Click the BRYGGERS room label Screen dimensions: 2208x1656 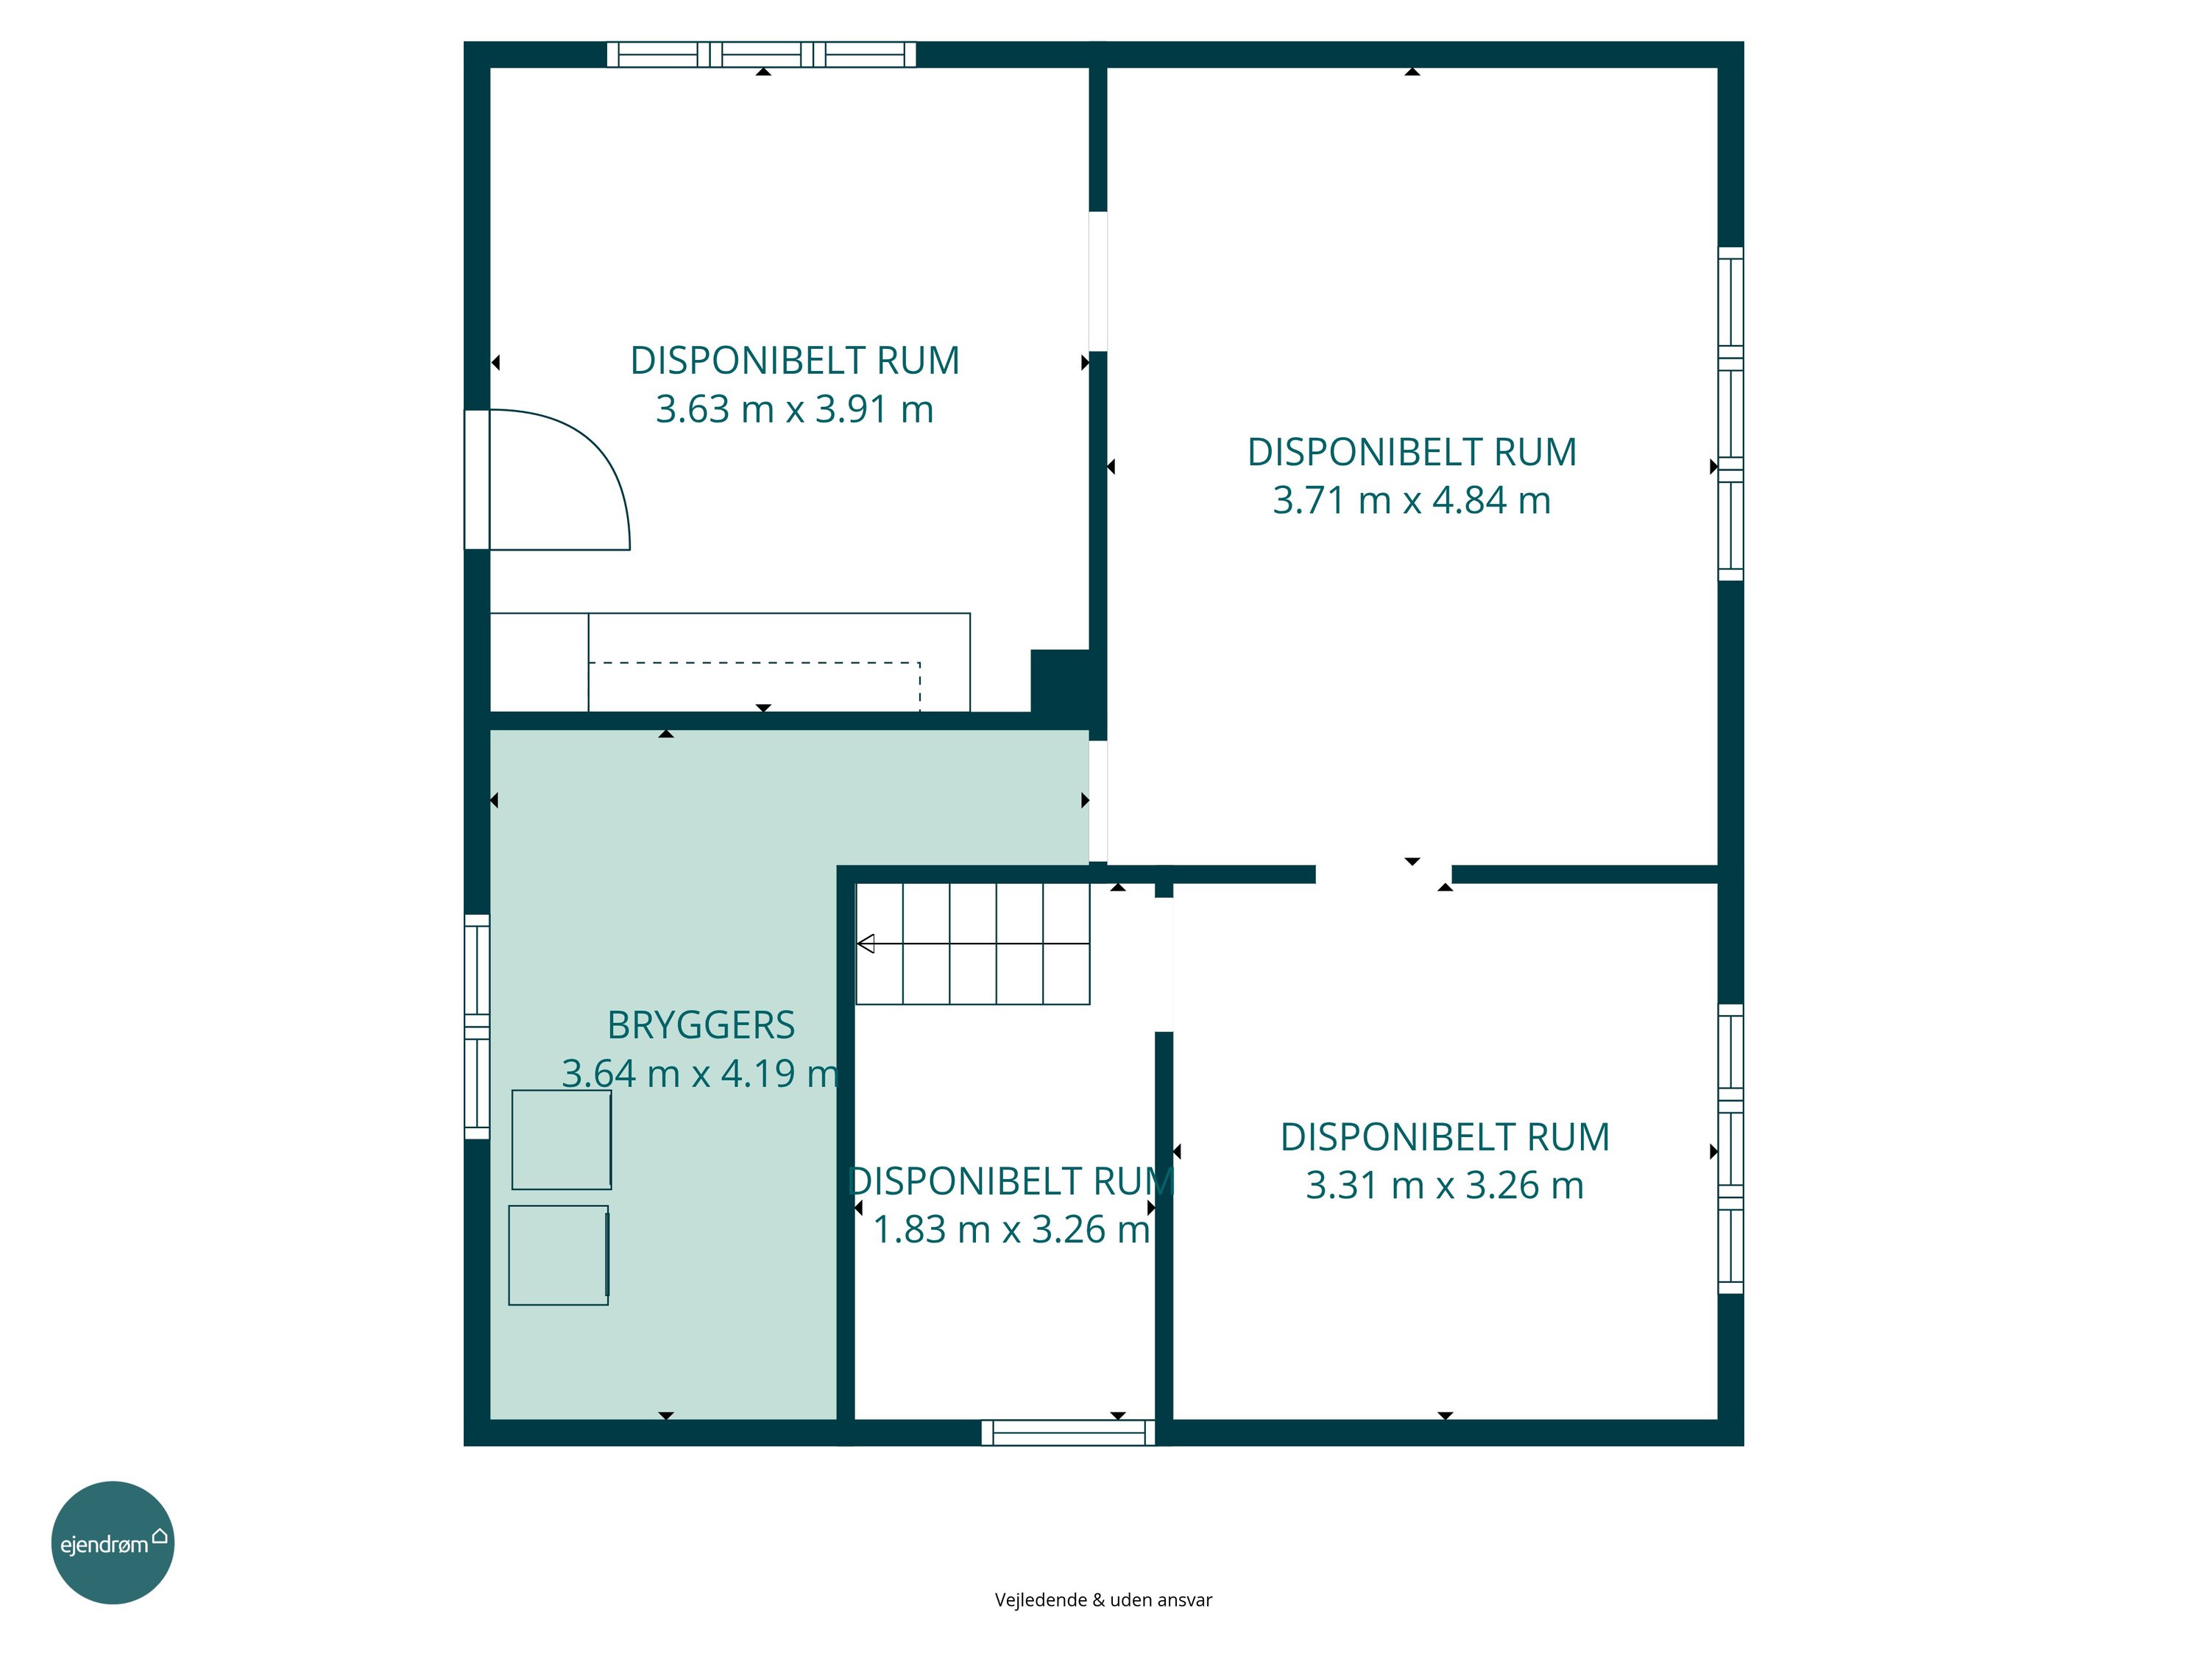[x=701, y=1025]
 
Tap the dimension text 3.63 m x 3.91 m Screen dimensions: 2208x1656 [x=795, y=409]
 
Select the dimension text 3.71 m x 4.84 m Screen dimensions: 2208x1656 [x=1412, y=500]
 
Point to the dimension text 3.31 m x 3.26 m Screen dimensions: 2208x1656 [x=1444, y=1185]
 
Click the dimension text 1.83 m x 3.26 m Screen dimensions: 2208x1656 [x=1012, y=1229]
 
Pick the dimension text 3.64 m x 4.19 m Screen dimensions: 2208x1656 [x=701, y=1073]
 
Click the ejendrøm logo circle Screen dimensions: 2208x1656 [x=113, y=1542]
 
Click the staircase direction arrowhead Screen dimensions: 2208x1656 [x=866, y=944]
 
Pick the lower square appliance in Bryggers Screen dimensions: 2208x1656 [x=558, y=1255]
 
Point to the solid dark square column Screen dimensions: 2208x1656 [x=1060, y=681]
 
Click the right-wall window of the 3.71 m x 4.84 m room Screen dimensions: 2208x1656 [x=1731, y=413]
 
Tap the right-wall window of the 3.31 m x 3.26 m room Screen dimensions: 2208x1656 [x=1731, y=1149]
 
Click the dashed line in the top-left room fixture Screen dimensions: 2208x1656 [x=754, y=663]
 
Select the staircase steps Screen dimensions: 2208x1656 [x=973, y=944]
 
